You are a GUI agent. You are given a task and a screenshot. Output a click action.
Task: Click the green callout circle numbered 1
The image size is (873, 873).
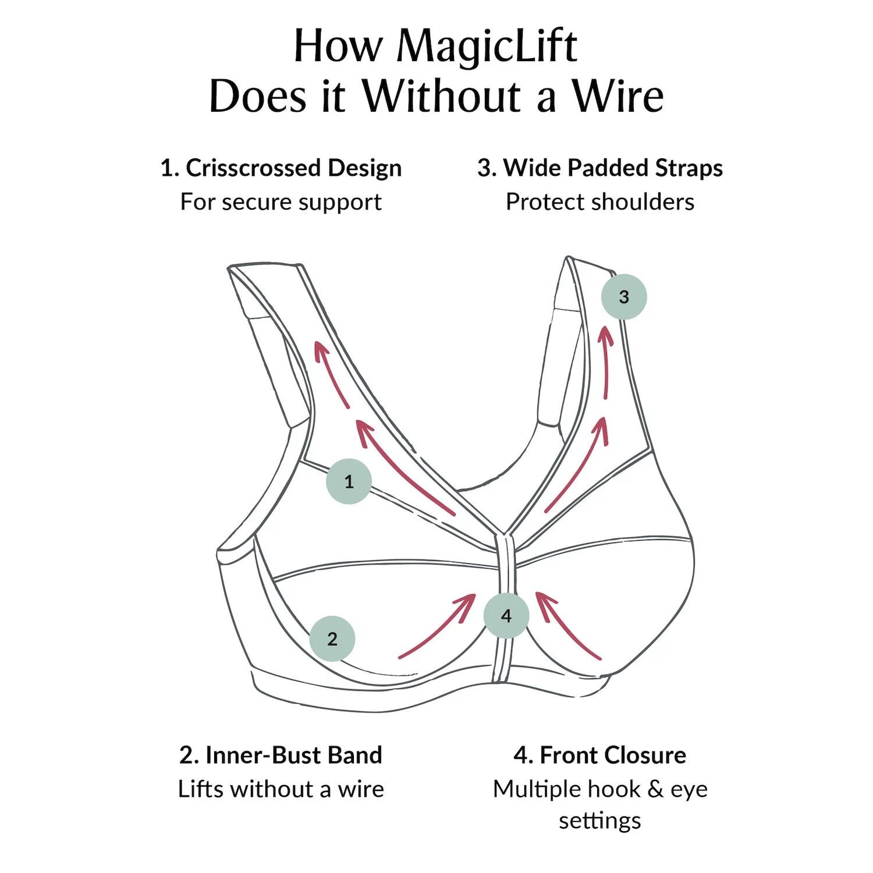tap(349, 481)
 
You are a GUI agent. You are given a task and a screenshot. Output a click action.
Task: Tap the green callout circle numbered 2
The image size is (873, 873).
tap(332, 638)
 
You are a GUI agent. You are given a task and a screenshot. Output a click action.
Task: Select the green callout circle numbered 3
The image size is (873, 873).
tap(624, 297)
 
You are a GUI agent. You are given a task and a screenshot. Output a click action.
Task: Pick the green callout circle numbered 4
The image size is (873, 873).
tap(506, 615)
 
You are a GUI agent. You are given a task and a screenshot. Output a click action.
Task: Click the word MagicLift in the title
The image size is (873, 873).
tap(487, 47)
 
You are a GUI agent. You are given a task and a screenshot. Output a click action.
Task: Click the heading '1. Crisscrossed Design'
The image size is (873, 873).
tap(281, 168)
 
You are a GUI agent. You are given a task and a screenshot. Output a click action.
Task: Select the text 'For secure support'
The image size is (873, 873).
tap(281, 202)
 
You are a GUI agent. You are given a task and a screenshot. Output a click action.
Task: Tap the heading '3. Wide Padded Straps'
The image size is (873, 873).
tap(600, 168)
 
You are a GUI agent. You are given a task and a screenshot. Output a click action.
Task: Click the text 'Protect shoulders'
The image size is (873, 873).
tap(600, 202)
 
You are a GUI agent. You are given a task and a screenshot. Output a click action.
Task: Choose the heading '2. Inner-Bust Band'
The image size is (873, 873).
tap(281, 755)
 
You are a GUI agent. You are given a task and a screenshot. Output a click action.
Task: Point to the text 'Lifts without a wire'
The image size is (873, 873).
tap(281, 789)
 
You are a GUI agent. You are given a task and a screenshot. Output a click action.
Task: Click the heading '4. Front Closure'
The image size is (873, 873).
tap(600, 755)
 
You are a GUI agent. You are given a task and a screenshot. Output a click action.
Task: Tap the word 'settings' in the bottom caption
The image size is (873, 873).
tap(600, 821)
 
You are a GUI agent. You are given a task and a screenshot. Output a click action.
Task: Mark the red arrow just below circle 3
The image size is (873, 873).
tap(607, 361)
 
